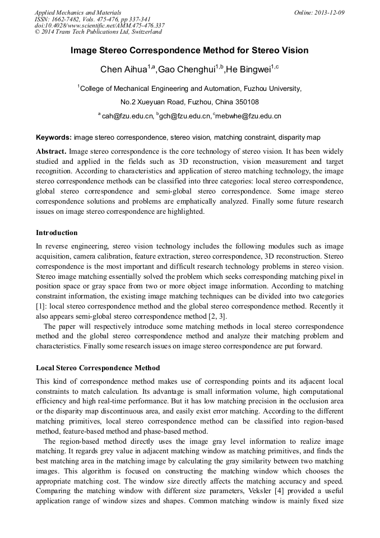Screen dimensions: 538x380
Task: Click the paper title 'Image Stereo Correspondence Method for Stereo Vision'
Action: point(189,50)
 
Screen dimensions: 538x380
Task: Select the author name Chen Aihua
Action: point(123,70)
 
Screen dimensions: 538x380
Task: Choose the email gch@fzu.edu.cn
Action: point(184,116)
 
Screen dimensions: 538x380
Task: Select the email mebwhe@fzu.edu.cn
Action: point(248,116)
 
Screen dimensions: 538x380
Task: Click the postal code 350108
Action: point(244,102)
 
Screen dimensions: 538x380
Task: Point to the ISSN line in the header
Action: point(92,19)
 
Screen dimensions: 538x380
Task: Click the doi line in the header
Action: point(99,25)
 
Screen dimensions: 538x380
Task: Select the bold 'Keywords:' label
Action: point(54,137)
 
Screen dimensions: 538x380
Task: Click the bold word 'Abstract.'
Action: point(52,151)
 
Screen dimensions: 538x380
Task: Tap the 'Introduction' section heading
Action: point(57,233)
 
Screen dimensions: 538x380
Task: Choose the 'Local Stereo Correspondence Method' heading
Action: point(98,368)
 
